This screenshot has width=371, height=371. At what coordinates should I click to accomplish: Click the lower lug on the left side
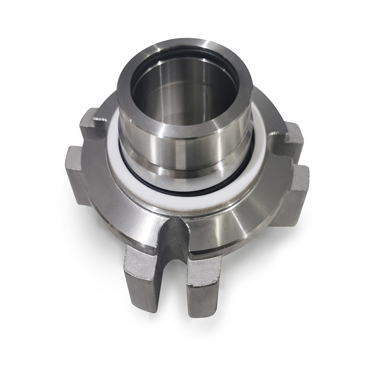click(77, 172)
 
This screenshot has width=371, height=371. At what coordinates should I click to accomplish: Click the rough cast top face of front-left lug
click(139, 253)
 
